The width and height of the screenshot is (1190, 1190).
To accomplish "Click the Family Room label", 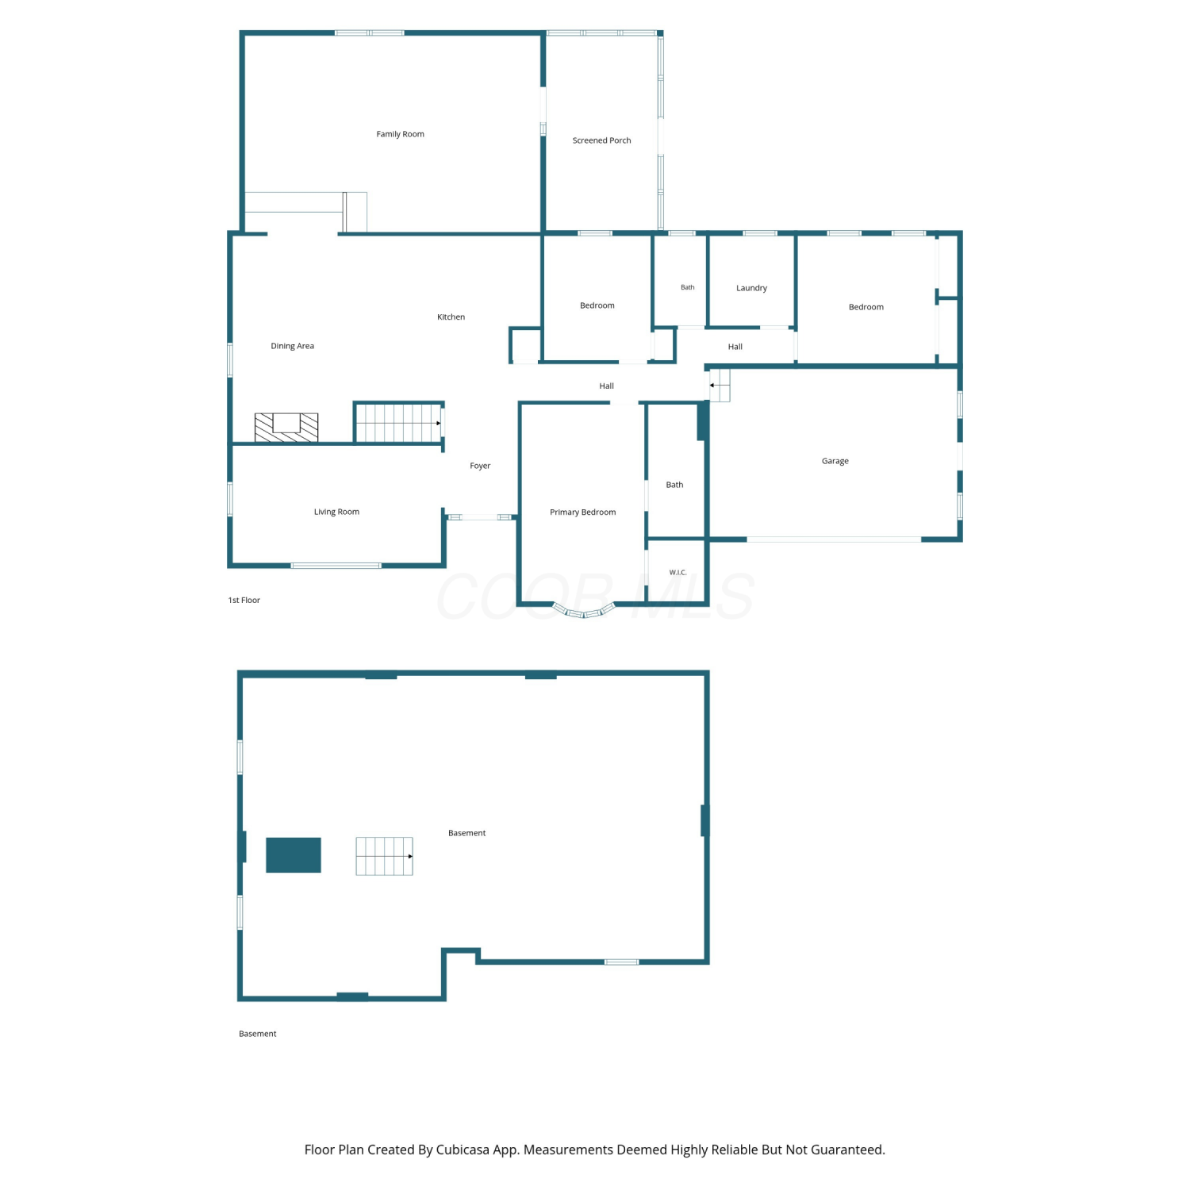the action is (x=400, y=134).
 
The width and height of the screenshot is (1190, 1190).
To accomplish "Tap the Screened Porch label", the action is (x=601, y=140).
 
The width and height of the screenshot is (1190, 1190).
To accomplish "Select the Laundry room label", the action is (x=751, y=288).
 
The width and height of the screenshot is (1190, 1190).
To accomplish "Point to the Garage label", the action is (x=835, y=461).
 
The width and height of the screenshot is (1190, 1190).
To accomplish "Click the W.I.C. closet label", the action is (x=678, y=572).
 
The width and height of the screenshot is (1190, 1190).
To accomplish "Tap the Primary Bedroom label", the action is (x=582, y=512).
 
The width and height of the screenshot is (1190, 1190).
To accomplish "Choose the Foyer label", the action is (x=480, y=466).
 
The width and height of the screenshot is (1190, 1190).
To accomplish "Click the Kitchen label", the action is (x=451, y=317).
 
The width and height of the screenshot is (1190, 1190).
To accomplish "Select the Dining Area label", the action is (x=292, y=346).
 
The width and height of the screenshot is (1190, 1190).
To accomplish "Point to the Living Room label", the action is (x=336, y=512).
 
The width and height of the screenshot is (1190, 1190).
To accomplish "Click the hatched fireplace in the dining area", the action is (x=286, y=427).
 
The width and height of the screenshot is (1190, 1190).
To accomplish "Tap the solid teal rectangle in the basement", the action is (x=294, y=855).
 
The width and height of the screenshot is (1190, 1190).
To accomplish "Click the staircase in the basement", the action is (x=384, y=856).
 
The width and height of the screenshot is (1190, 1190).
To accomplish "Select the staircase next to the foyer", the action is (x=398, y=423).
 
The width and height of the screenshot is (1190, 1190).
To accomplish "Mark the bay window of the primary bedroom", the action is (x=584, y=612).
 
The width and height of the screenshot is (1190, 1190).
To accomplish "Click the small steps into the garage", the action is (x=720, y=385).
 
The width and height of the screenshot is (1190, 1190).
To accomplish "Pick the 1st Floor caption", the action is (x=244, y=600).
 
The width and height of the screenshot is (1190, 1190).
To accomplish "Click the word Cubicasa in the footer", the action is (x=463, y=1150).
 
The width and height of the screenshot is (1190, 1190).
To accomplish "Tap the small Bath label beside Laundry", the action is (x=688, y=287).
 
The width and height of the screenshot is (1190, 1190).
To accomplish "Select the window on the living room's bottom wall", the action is (x=336, y=566).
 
